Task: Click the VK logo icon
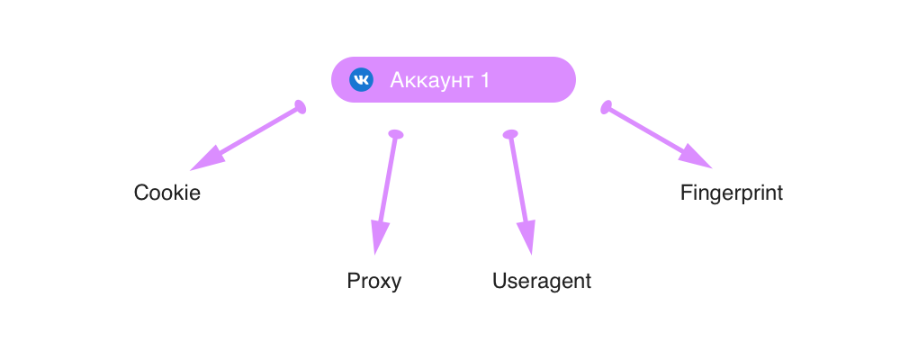[x=361, y=79]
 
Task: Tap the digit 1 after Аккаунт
[x=485, y=80]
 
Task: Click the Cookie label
[x=166, y=193]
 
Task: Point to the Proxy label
[x=374, y=281]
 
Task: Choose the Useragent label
[x=542, y=281]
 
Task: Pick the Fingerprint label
[x=732, y=193]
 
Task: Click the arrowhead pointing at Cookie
[x=202, y=162]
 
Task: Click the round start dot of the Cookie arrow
[x=301, y=109]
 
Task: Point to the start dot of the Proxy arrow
[x=395, y=134]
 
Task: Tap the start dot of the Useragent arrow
[x=510, y=134]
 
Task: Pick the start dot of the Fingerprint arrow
[x=607, y=107]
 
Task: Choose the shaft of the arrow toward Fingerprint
[x=648, y=130]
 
